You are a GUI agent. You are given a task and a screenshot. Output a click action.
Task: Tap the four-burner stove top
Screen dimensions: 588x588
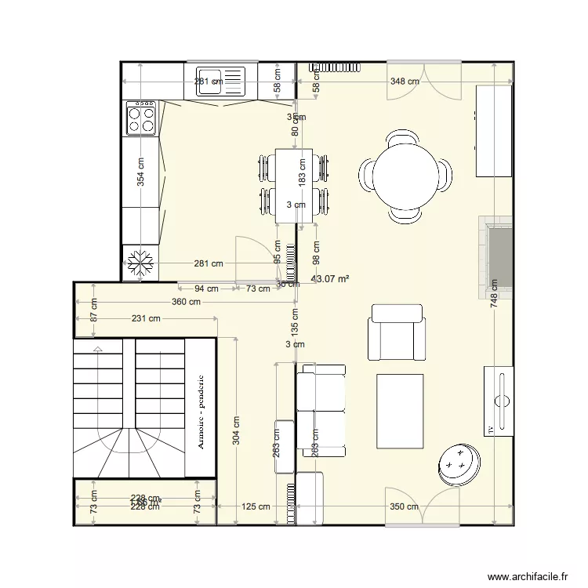[x=141, y=118]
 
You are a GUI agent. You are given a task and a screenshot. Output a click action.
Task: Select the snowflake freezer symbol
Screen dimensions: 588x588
[x=141, y=263]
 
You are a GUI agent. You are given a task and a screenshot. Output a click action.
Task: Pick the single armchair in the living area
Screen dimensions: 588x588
[x=397, y=332]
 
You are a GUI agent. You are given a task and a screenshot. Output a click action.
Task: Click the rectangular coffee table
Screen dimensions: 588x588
[x=401, y=411]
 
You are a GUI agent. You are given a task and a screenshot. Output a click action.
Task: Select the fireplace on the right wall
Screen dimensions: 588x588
[x=496, y=257]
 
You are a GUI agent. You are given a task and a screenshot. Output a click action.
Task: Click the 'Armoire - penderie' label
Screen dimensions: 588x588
[x=201, y=412]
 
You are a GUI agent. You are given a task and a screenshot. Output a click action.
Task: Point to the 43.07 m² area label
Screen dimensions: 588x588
[x=330, y=278]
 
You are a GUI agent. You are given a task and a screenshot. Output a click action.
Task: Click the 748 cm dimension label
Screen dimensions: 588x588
[x=493, y=295]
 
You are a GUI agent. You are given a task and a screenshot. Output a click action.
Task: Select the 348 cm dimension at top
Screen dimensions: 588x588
[x=404, y=81]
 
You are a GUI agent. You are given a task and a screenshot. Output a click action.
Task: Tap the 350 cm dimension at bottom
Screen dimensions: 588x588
[x=404, y=506]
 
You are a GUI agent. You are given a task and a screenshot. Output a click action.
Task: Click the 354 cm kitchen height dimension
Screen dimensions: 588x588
[x=141, y=172]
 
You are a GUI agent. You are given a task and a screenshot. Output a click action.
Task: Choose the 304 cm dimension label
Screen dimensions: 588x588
[x=236, y=430]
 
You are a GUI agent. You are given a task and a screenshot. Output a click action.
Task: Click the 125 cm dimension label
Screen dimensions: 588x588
[x=255, y=506]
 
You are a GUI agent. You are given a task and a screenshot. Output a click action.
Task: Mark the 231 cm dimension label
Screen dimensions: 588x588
[x=145, y=318]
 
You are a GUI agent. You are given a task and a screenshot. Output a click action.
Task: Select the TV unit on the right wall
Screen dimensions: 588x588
[x=498, y=400]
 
